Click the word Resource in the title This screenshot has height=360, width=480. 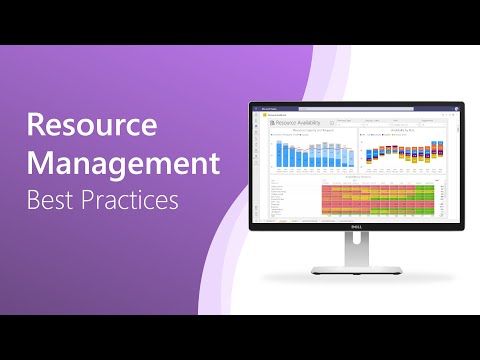click(92, 126)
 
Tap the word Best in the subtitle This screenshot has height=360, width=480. click(48, 198)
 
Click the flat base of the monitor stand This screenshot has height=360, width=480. click(358, 269)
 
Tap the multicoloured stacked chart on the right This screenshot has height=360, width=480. click(405, 155)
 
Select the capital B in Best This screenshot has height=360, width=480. click(33, 198)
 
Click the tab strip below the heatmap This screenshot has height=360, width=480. click(358, 219)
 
